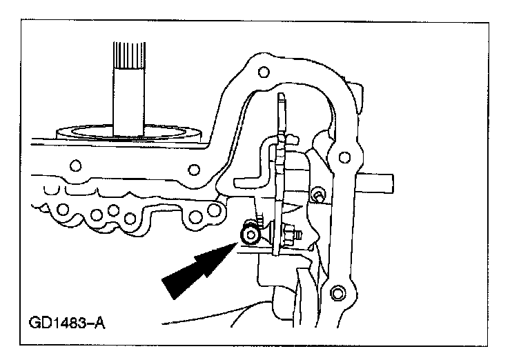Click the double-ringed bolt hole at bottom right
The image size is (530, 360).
tap(337, 294)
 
